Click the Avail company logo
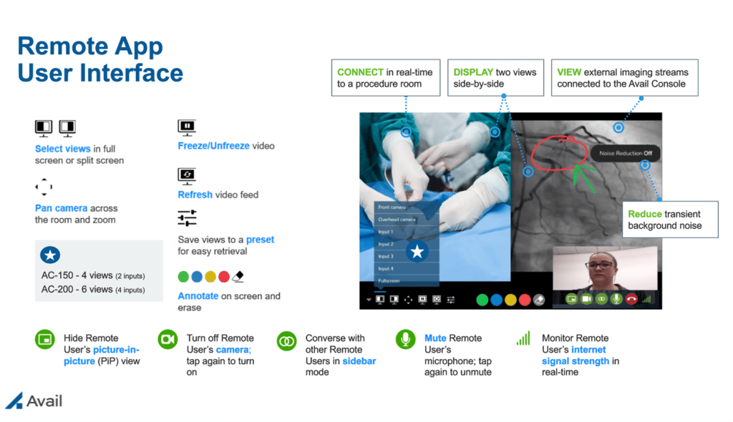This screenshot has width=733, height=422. [34, 401]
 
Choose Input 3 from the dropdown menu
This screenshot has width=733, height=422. [386, 256]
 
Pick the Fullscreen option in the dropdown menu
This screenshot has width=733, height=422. [389, 281]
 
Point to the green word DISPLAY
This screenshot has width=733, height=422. [473, 72]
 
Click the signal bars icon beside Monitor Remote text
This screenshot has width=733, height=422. [523, 338]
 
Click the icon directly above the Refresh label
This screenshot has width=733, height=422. [186, 175]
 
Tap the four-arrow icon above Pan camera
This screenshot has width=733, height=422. [44, 187]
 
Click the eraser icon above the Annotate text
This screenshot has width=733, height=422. [239, 276]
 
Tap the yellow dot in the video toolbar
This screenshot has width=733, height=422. [510, 300]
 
